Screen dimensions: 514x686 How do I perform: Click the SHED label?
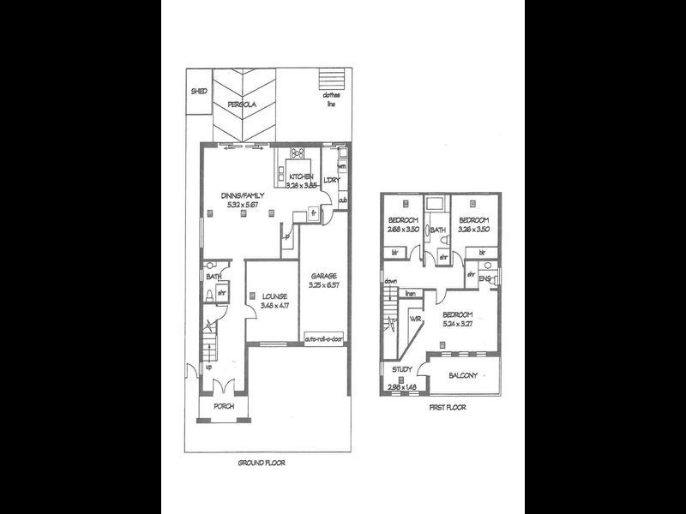200,90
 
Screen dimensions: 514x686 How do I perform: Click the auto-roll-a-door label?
323,340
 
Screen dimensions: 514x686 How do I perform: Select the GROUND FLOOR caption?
262,463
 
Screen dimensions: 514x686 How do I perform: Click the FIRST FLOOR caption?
446,409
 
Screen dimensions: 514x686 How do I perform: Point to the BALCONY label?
471,377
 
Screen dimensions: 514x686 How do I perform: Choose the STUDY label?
402,369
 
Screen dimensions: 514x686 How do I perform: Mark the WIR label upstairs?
417,319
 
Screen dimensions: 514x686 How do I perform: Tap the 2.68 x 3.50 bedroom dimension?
403,230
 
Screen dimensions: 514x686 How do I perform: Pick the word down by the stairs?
391,281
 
